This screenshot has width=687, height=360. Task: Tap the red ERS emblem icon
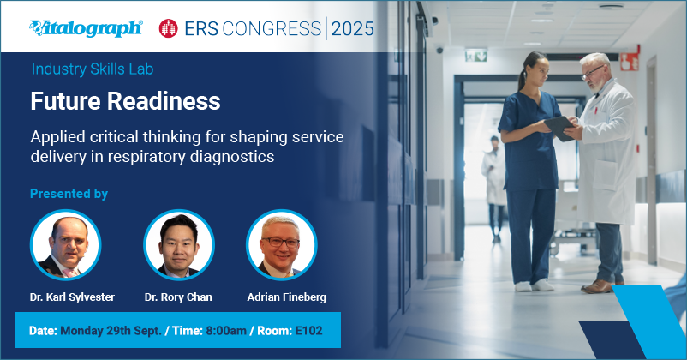point(169,28)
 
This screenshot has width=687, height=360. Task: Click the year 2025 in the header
point(353,28)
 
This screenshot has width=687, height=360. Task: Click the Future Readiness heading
point(125,100)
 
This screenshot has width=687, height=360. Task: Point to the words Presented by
point(69,194)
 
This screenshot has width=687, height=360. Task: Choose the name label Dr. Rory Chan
point(178,297)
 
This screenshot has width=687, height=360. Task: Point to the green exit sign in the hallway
point(475,55)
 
